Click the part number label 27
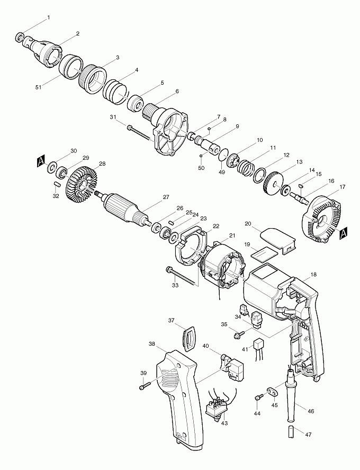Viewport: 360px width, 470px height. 166,197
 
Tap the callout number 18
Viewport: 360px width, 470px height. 314,275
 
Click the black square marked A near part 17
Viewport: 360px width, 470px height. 344,232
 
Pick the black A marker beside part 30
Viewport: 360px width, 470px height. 41,159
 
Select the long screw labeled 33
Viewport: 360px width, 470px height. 180,277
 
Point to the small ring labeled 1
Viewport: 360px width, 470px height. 21,38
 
